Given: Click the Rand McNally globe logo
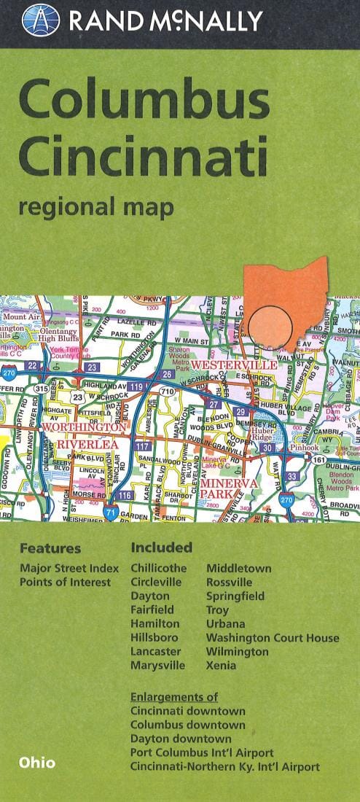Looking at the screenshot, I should click(41, 20).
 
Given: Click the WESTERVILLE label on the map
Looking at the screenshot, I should click(233, 364).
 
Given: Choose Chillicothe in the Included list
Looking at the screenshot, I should click(158, 568).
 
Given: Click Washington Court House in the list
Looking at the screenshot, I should click(272, 638).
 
